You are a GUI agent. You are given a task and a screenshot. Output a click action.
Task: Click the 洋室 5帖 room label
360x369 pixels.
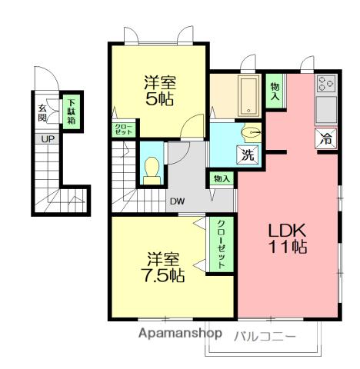159,91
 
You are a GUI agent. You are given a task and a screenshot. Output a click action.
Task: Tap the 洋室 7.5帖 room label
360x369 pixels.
163,268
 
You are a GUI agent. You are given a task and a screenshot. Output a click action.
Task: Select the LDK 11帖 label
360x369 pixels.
287,238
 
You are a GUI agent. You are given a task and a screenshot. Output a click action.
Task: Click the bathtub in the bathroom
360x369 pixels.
248,96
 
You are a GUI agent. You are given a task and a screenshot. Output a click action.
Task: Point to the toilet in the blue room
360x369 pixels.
152,171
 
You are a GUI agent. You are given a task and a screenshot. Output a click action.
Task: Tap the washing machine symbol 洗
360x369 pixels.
248,155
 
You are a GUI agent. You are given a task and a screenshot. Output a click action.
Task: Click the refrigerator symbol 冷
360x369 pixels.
326,138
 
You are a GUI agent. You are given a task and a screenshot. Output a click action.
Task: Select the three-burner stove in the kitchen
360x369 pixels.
326,84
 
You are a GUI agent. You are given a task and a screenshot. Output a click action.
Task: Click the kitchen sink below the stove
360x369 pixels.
326,110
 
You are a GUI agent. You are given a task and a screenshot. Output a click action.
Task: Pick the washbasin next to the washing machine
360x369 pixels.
250,132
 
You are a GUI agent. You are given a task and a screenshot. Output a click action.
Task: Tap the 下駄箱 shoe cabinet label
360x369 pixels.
72,111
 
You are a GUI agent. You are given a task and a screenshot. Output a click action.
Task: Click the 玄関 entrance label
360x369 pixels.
42,113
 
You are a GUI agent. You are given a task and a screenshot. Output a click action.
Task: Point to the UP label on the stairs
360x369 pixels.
48,139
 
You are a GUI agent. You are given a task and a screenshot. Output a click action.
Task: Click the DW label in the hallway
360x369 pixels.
178,201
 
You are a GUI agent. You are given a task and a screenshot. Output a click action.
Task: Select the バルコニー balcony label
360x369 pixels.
265,337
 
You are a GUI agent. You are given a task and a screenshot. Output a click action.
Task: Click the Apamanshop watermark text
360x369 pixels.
180,334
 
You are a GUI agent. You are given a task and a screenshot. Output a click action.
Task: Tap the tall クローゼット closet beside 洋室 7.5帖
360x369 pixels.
222,244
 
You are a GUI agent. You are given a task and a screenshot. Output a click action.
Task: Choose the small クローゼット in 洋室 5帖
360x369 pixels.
124,129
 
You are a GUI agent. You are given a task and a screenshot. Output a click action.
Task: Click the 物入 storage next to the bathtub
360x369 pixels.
275,91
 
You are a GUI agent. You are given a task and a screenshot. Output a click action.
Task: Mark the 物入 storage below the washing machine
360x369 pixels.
222,178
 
